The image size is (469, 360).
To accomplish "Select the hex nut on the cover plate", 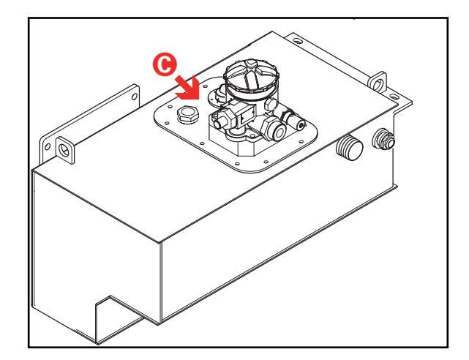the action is [x=186, y=115].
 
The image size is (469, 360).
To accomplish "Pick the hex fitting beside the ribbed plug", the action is [x=382, y=139].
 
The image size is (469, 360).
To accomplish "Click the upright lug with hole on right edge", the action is [x=376, y=80].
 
